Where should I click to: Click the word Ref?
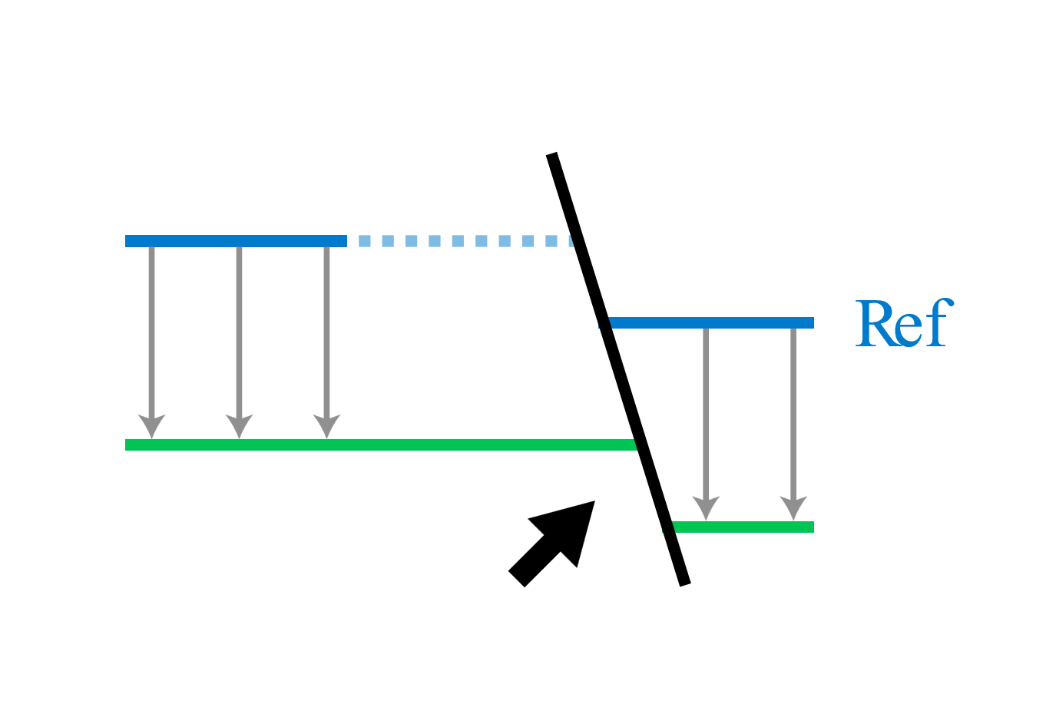click(x=904, y=323)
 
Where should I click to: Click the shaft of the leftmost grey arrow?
click(x=151, y=330)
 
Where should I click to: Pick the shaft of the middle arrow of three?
click(x=239, y=330)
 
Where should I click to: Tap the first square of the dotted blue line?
click(x=365, y=241)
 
